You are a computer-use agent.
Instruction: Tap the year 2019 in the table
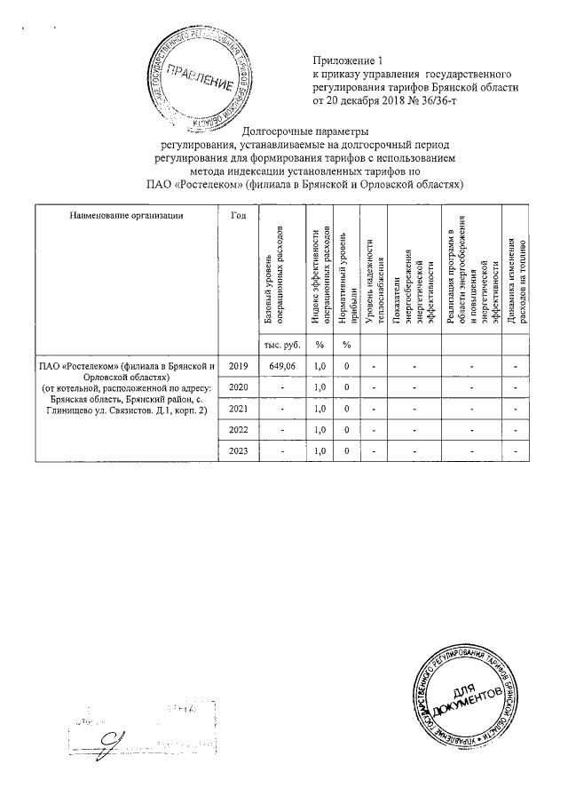(x=239, y=365)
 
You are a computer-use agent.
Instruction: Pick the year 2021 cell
(x=239, y=409)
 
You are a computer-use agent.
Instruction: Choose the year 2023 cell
(x=239, y=451)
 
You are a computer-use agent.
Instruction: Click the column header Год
(x=238, y=215)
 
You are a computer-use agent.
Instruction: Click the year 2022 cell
(x=239, y=430)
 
